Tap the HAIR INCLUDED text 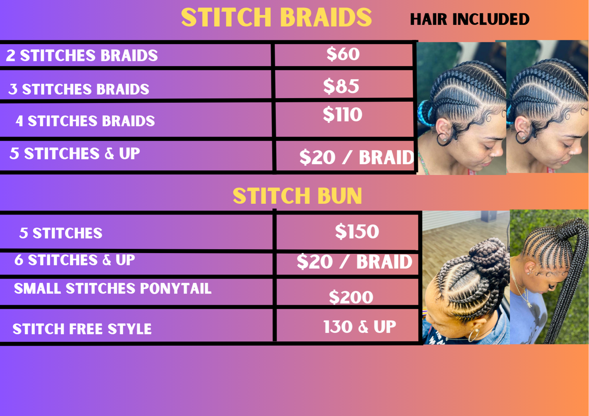click(x=469, y=19)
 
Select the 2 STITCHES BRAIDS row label click(x=82, y=55)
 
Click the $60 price click(x=343, y=54)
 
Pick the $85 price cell click(x=341, y=86)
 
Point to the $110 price click(x=343, y=115)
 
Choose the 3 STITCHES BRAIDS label click(x=79, y=89)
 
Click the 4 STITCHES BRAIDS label click(x=85, y=121)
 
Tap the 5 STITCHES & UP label click(x=75, y=154)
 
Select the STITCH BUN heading click(x=297, y=196)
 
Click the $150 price click(x=357, y=232)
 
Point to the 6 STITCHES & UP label click(x=75, y=260)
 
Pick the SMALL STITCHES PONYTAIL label click(x=113, y=288)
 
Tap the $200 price click(x=351, y=297)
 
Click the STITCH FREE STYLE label click(x=82, y=329)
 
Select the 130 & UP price click(x=360, y=327)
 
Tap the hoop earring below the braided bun click(x=474, y=335)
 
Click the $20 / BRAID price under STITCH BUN click(x=354, y=262)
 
